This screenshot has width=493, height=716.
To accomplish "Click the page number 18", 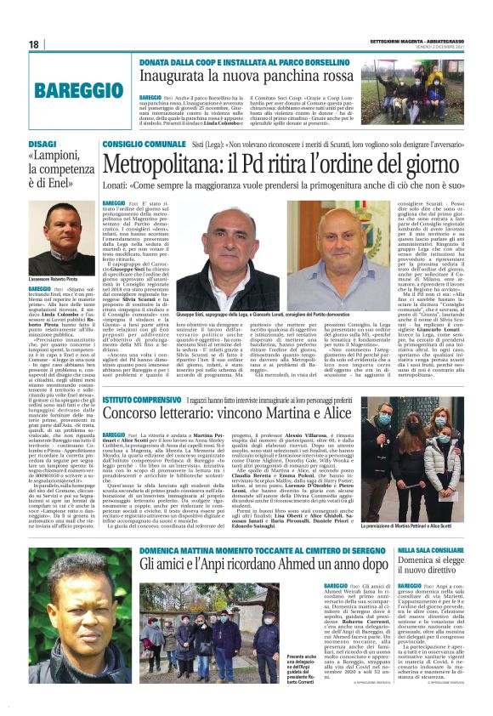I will click(x=33, y=44).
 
